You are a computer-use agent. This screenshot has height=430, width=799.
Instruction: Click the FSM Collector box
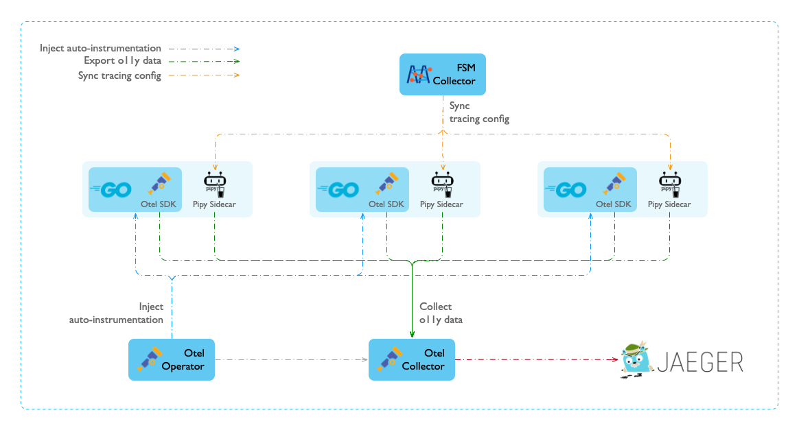tap(442, 74)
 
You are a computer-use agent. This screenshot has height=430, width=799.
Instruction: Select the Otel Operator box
tap(172, 359)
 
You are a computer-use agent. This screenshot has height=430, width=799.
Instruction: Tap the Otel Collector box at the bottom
tap(412, 359)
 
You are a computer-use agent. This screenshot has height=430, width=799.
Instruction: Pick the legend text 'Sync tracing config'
tap(119, 75)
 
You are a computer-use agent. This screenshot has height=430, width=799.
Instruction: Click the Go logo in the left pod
tap(111, 190)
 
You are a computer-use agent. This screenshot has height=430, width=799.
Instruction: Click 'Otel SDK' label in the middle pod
tap(386, 204)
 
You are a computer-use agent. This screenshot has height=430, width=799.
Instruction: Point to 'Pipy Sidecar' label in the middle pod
tap(441, 204)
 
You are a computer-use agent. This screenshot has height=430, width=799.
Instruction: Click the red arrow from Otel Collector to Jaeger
tap(535, 359)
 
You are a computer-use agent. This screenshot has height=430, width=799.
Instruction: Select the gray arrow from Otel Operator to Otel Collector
tap(292, 359)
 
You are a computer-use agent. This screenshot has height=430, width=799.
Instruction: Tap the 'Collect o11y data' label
tap(441, 313)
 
